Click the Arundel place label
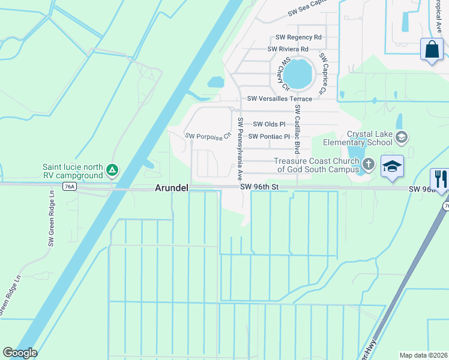pos(172,188)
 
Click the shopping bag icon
pos(432,50)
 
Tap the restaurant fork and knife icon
pos(439,179)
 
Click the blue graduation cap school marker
pos(391,166)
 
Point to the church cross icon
pos(369,163)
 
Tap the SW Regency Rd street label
pos(298,37)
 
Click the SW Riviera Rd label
pos(288,49)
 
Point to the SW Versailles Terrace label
pos(280,98)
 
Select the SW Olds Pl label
pos(269,124)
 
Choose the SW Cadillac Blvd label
pos(297,127)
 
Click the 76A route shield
pos(70,187)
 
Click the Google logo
pos(20,353)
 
